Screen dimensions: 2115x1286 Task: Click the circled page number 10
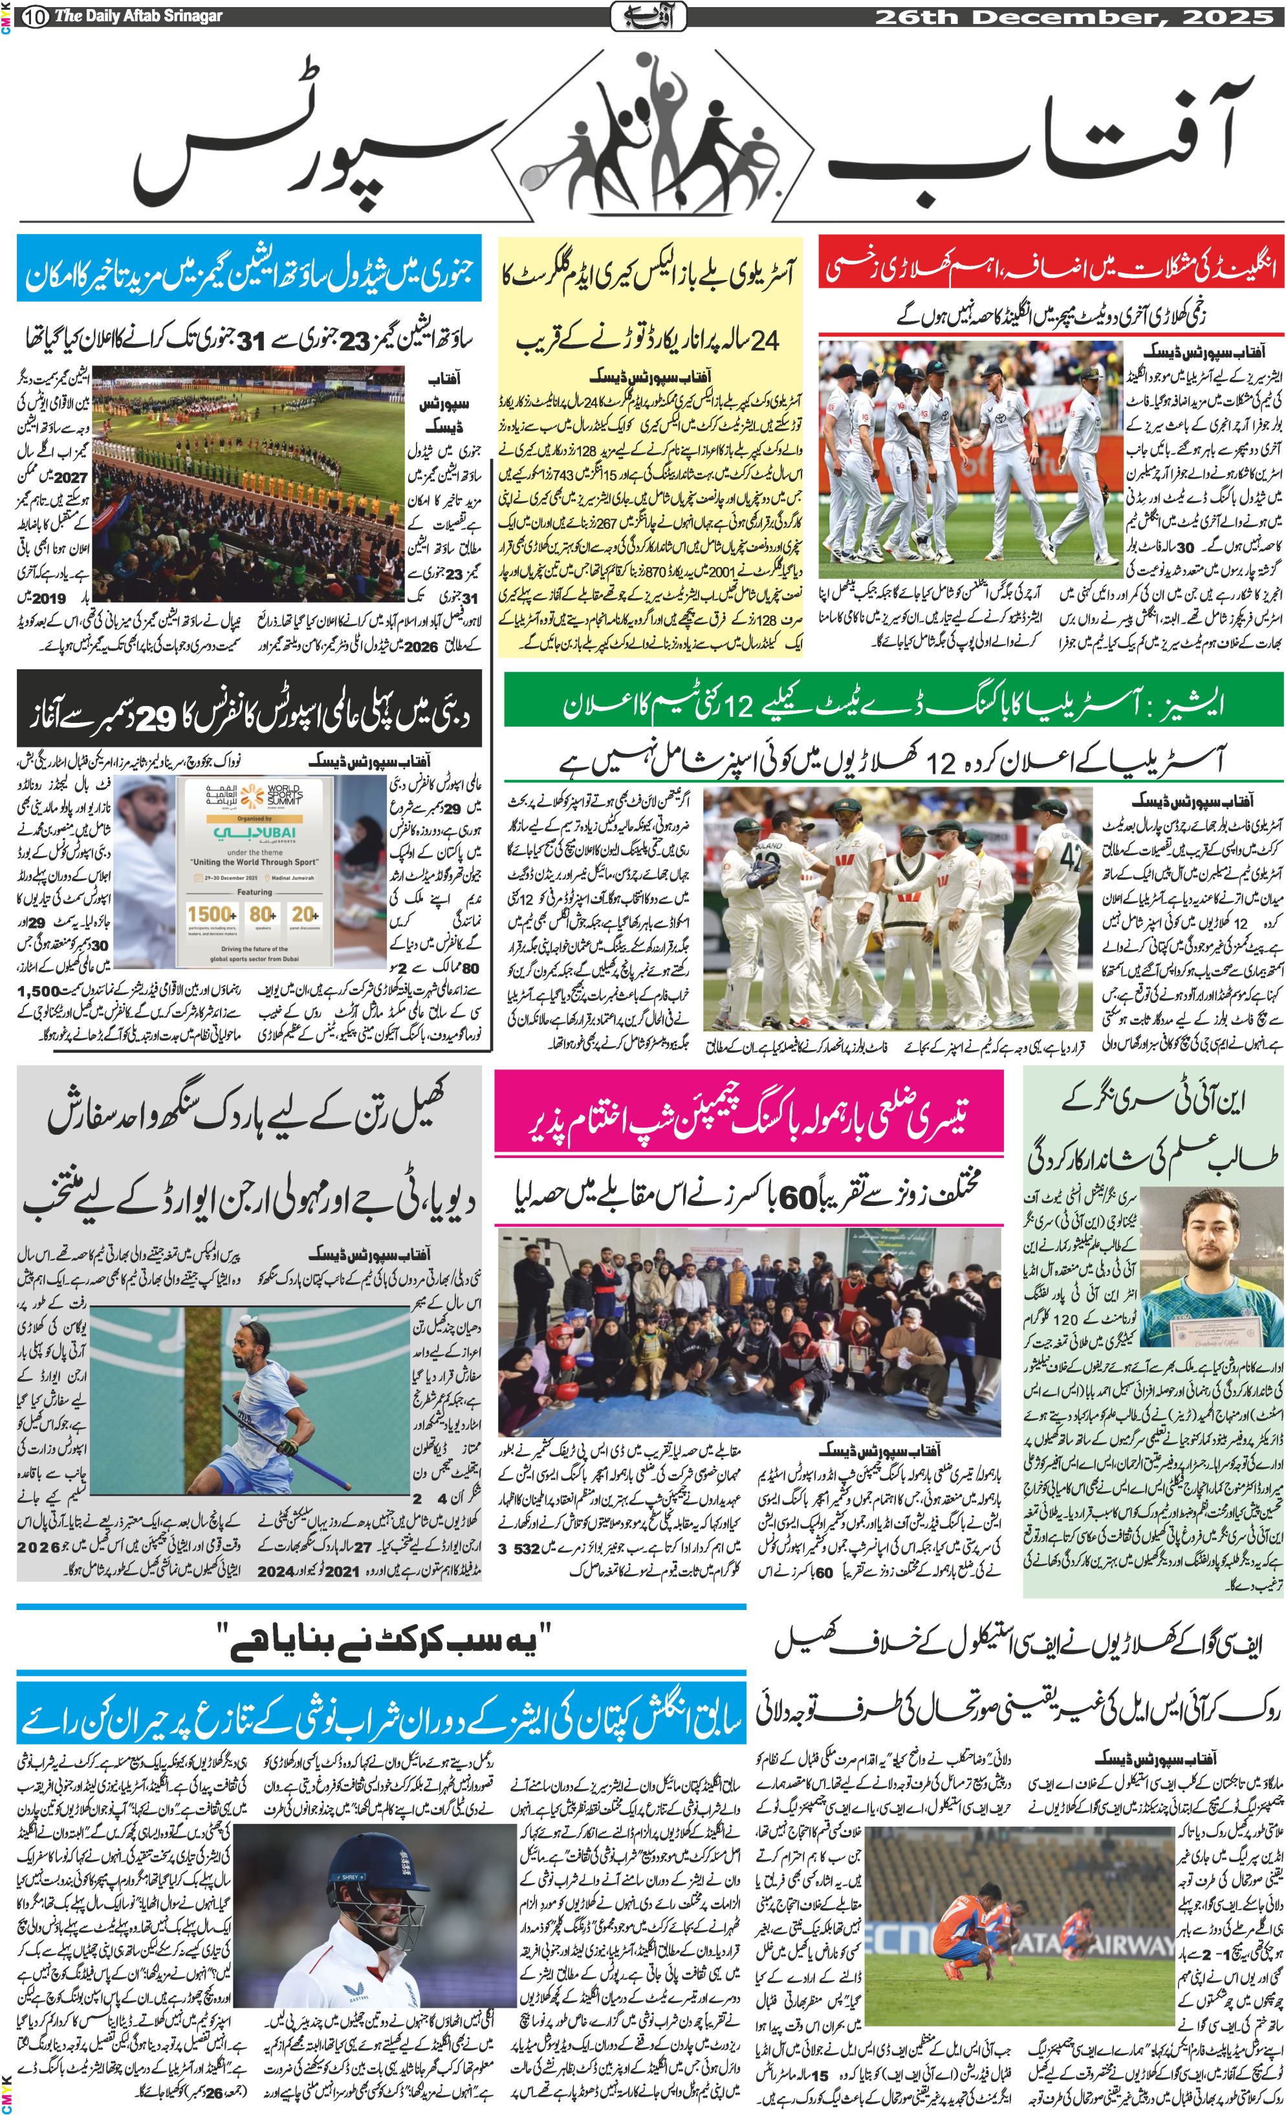coord(36,16)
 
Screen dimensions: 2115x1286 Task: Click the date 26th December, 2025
coord(1074,16)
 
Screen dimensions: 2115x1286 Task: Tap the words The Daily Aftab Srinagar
coord(137,16)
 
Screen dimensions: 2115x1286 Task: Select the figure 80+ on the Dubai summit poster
coord(262,915)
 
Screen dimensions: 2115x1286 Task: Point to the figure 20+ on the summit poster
coord(305,915)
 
